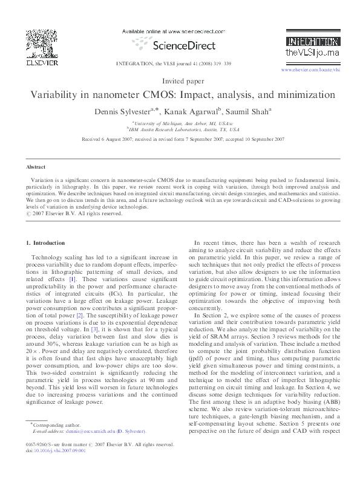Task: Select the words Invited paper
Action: click(180, 80)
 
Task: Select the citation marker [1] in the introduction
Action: click(72, 279)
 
